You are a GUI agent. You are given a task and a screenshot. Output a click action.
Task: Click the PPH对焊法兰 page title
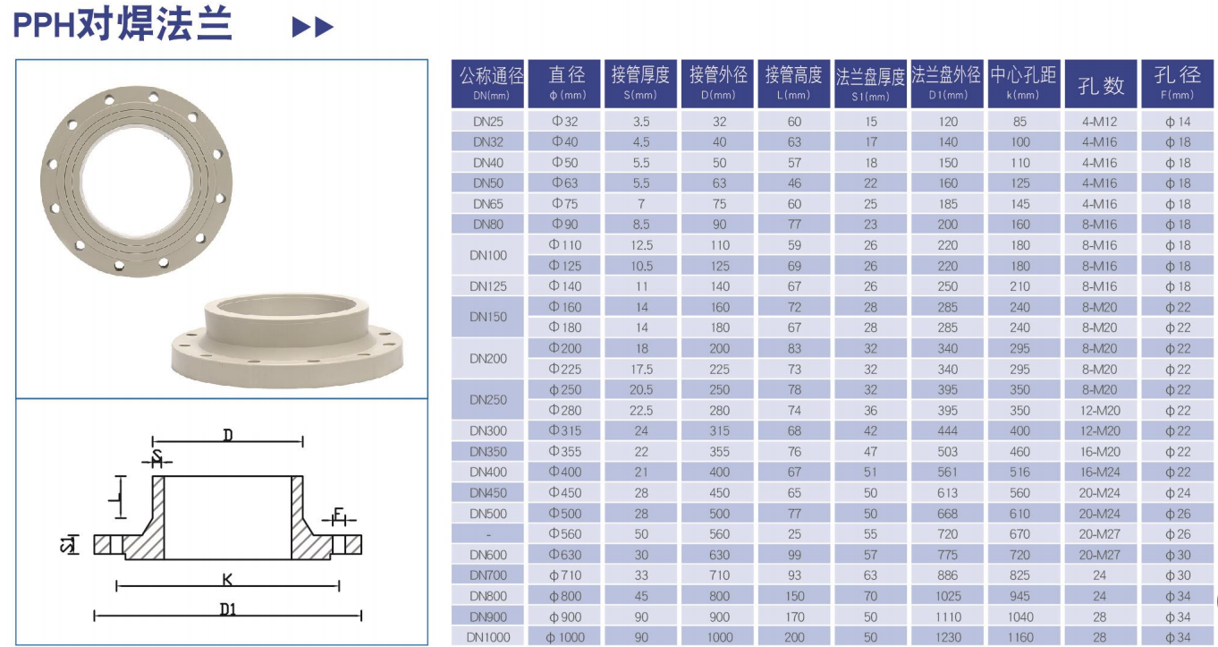(123, 25)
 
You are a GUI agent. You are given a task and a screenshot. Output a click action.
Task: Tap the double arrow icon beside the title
(313, 27)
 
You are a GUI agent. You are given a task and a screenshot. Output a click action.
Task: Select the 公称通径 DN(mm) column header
(487, 83)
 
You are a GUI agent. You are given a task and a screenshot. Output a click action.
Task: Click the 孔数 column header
(1101, 85)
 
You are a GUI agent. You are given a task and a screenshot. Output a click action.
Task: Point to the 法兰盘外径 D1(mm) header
(947, 83)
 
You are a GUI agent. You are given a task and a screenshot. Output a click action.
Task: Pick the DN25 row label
(487, 122)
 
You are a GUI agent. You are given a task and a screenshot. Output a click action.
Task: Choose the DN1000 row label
(487, 637)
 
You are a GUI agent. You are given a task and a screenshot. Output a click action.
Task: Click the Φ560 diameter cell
(565, 534)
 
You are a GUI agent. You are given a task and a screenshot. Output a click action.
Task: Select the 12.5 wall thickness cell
(641, 245)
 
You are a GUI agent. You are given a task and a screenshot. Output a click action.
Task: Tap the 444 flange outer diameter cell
(947, 431)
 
